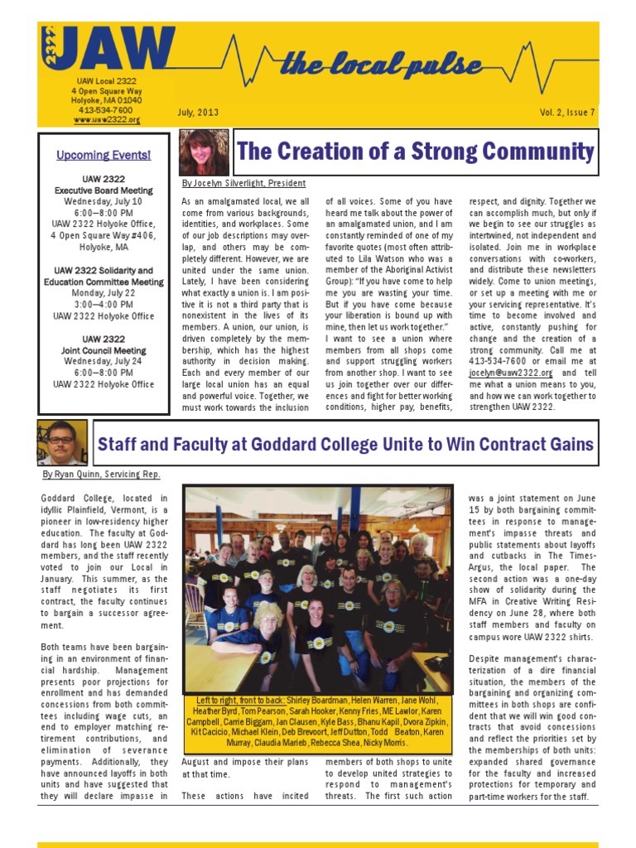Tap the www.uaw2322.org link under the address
tap(107, 119)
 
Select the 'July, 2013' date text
tap(197, 112)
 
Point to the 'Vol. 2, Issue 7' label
tap(567, 112)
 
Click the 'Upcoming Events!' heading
tap(104, 155)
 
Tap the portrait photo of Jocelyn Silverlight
tap(204, 152)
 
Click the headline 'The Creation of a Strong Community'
tap(416, 152)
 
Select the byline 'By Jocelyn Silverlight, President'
tap(243, 183)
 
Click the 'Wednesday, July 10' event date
tap(104, 201)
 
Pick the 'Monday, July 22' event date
tap(104, 293)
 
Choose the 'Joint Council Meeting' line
tap(104, 350)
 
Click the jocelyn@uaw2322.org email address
tap(510, 373)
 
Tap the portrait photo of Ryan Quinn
tap(60, 442)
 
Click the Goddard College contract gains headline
tap(346, 444)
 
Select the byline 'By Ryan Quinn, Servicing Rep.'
tap(101, 475)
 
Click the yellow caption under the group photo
tap(318, 721)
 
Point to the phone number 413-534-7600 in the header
tap(105, 110)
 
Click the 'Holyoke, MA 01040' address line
tap(105, 100)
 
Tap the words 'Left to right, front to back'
tap(236, 701)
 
